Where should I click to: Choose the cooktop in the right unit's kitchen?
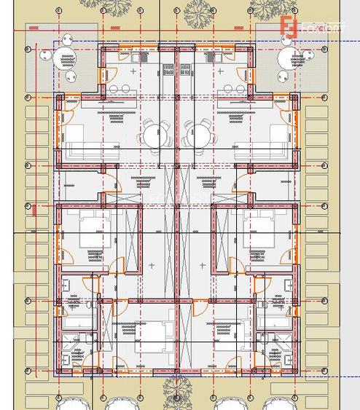[185, 69]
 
